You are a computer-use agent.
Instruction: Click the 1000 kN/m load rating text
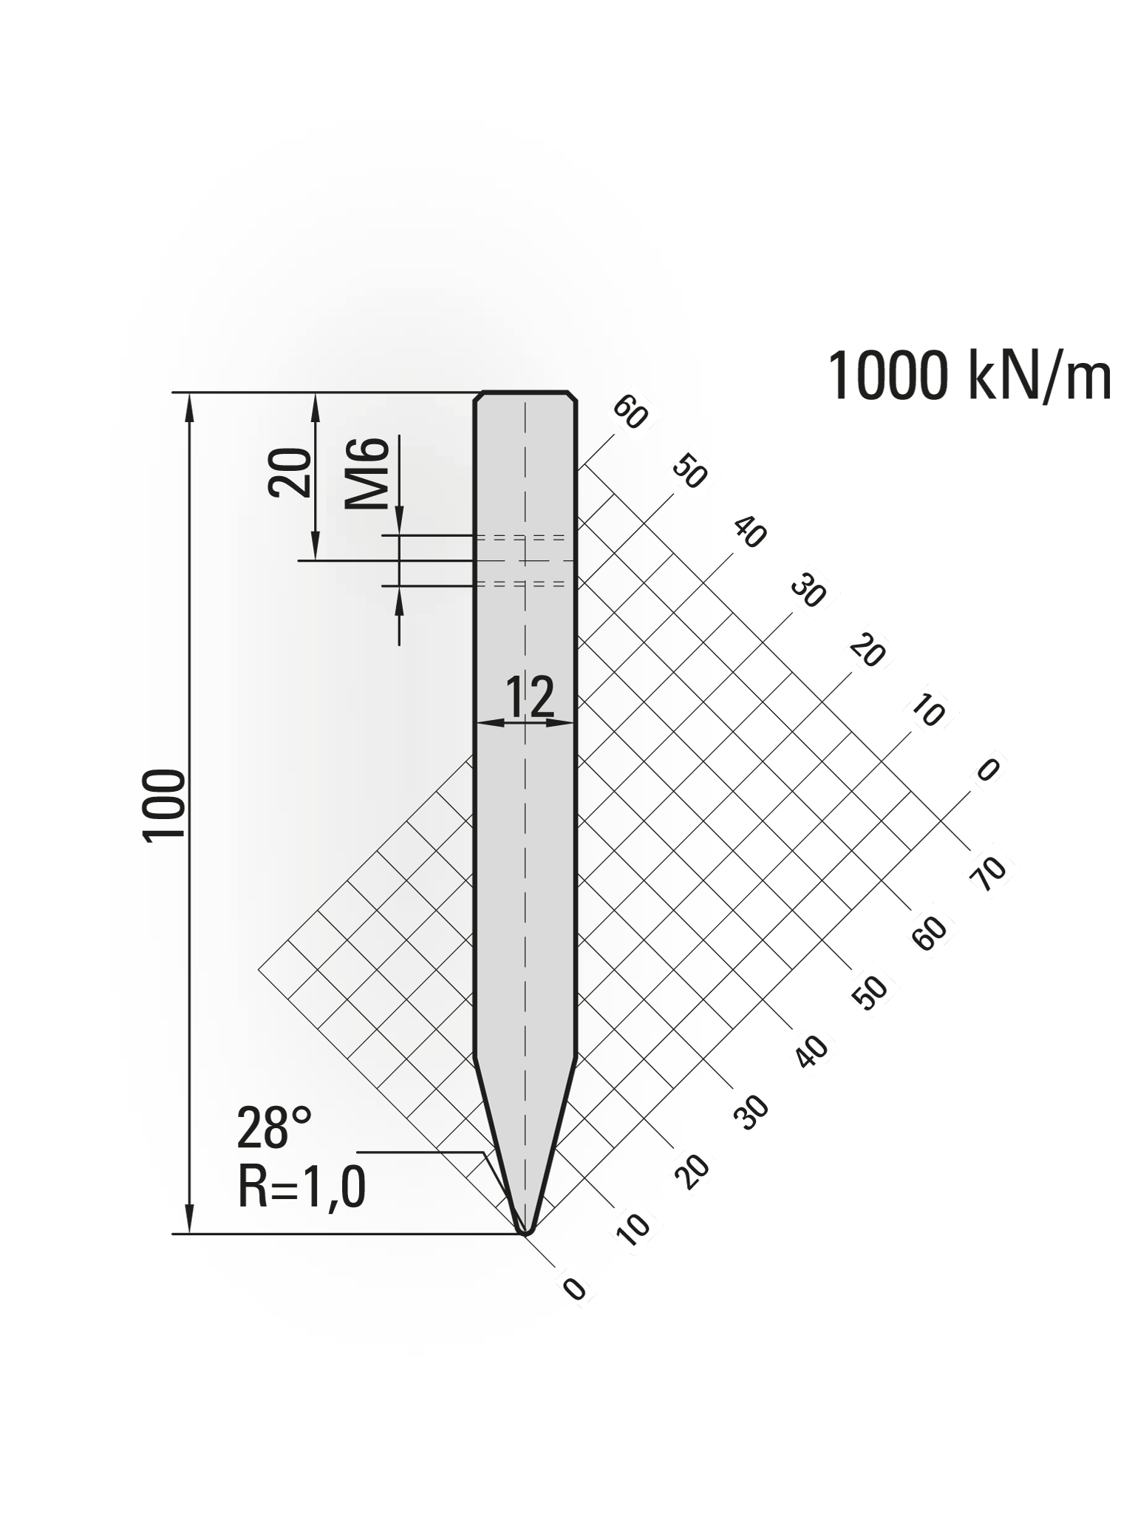[x=969, y=377]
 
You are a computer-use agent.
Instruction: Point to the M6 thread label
[x=367, y=474]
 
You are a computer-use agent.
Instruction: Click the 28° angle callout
[x=274, y=1128]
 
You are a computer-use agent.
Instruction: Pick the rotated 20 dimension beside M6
[x=290, y=472]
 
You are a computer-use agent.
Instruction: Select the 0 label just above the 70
[x=987, y=770]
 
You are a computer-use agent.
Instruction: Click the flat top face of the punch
[x=525, y=391]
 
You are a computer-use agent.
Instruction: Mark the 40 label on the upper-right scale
[x=750, y=532]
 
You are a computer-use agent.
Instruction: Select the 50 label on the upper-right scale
[x=690, y=473]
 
